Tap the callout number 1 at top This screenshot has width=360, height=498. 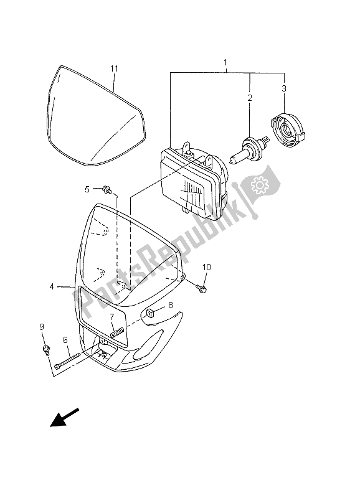pyautogui.click(x=225, y=63)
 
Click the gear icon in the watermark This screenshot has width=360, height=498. pyautogui.click(x=257, y=185)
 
